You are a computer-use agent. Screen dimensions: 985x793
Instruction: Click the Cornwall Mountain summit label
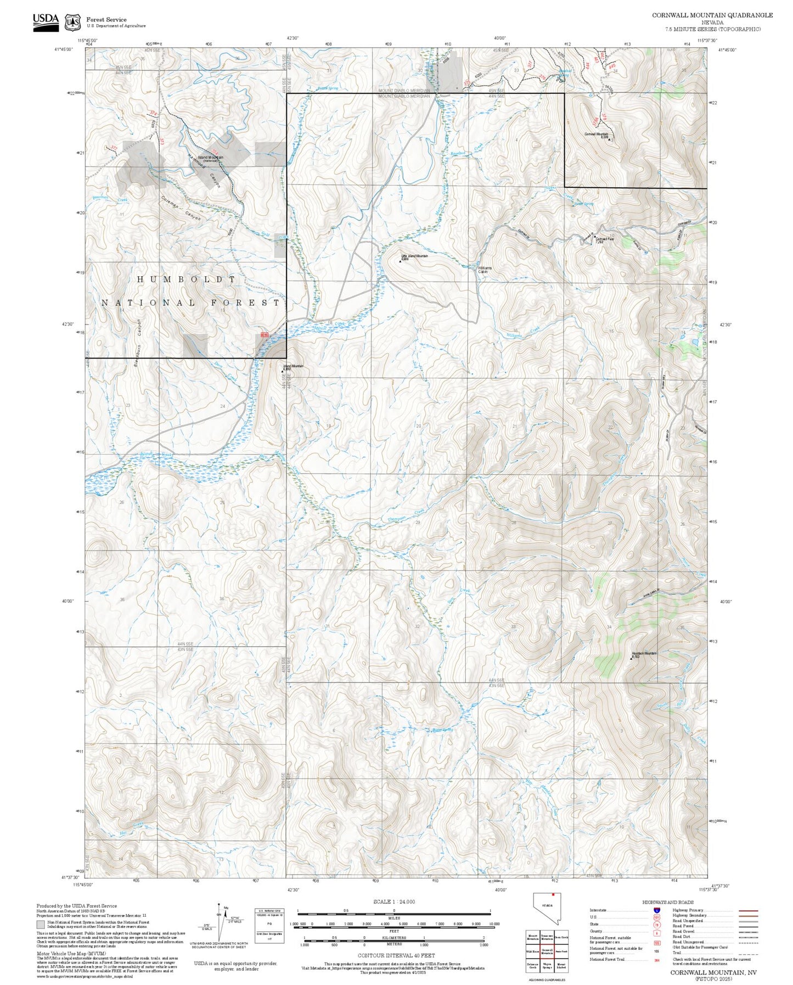click(596, 135)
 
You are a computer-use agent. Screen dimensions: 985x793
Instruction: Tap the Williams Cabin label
click(485, 270)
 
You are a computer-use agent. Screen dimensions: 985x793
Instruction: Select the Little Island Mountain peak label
click(414, 256)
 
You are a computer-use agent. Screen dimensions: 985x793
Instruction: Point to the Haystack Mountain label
click(644, 653)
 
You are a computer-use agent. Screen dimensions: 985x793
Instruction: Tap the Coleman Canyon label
click(181, 209)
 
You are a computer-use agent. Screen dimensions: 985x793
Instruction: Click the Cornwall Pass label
click(604, 239)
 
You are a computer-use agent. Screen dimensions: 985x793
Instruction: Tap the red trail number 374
click(153, 114)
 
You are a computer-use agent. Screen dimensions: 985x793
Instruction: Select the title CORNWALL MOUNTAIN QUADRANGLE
click(712, 15)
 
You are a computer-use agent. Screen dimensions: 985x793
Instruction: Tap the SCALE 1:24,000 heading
click(393, 902)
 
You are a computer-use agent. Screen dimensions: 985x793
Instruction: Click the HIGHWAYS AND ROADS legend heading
click(667, 902)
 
